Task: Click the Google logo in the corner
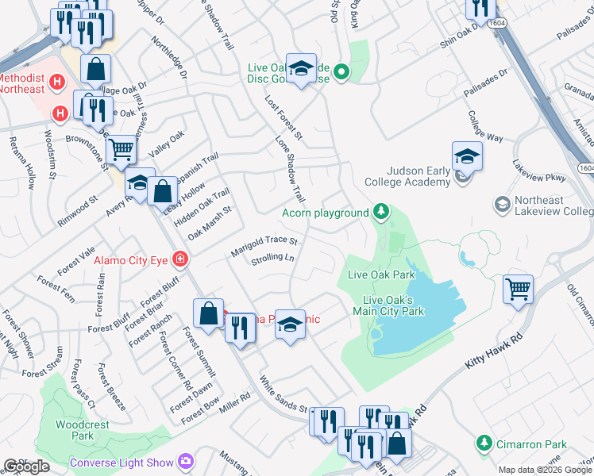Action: (x=26, y=466)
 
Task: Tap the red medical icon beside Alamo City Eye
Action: (x=181, y=259)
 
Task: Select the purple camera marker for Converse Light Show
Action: (x=187, y=461)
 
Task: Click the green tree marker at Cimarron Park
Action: (x=484, y=442)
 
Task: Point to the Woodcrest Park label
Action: (x=82, y=430)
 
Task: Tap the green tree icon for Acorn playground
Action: (x=382, y=212)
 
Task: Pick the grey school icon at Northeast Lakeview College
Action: (x=501, y=205)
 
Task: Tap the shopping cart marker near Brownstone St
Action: (x=121, y=148)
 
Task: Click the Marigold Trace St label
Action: (x=264, y=246)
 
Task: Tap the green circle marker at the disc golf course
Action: (x=341, y=73)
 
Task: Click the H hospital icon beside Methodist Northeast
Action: (x=56, y=82)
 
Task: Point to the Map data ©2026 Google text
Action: (x=545, y=470)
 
